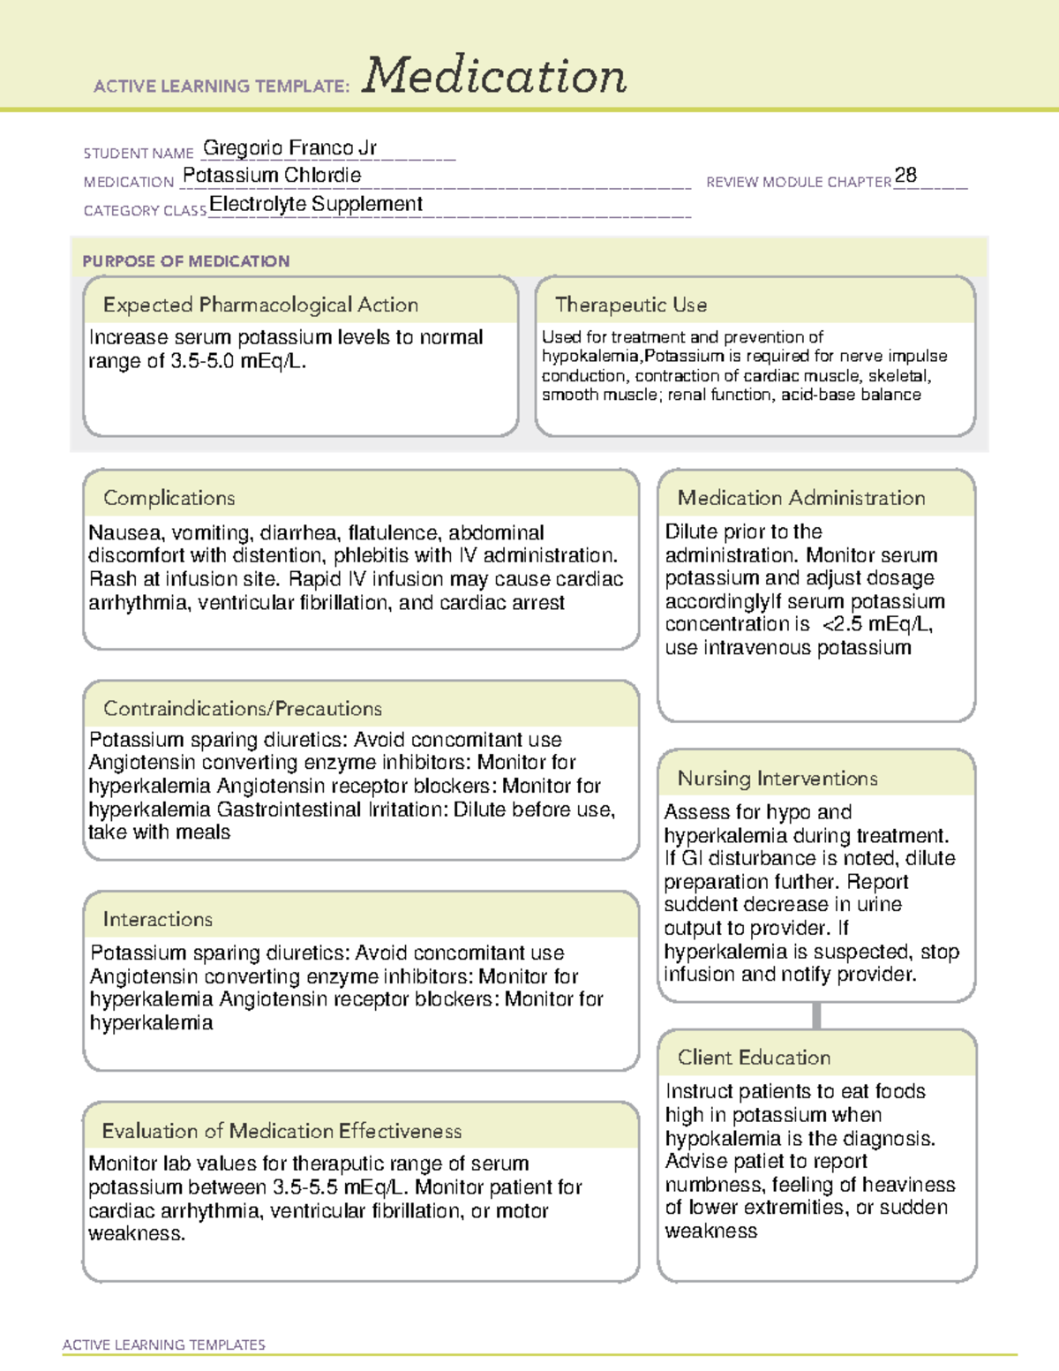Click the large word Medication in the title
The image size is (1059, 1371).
(x=494, y=76)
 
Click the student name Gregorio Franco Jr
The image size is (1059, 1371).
(x=289, y=147)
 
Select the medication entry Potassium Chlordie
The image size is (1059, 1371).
(x=272, y=176)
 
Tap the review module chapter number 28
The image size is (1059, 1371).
(x=905, y=175)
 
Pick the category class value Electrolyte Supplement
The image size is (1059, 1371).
(x=316, y=204)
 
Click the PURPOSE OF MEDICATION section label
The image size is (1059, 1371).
(x=186, y=261)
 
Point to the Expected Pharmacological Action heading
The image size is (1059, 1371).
(x=260, y=305)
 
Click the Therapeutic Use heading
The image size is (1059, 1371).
(x=631, y=305)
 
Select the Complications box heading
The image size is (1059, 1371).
(x=169, y=498)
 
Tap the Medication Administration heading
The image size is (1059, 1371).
(x=801, y=498)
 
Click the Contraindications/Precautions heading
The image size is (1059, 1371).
(x=243, y=708)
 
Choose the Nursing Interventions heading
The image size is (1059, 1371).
(x=777, y=778)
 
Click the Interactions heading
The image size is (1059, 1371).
(x=158, y=919)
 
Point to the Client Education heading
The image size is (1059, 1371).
(x=754, y=1057)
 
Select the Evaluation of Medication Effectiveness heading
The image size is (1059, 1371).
(x=282, y=1131)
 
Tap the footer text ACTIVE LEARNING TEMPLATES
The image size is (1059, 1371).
(x=164, y=1345)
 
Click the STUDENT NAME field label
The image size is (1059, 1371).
(x=139, y=154)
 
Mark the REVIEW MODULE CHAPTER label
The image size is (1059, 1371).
(x=799, y=182)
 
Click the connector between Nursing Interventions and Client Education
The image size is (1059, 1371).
(x=816, y=1015)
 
